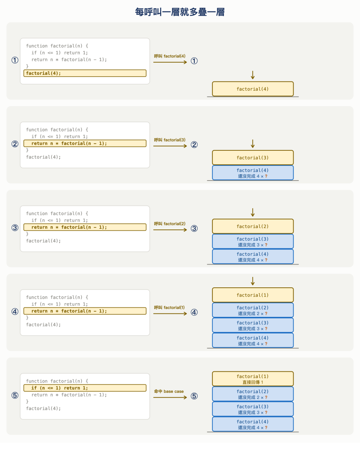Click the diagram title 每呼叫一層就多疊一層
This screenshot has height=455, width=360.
coord(180,12)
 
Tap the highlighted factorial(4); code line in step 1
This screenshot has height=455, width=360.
coord(85,73)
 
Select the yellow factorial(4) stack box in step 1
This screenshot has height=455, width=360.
coord(253,89)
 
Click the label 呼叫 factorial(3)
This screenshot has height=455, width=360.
coord(170,140)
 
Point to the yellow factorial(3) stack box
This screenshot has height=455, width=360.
coord(253,157)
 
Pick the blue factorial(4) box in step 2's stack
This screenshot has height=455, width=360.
coord(253,173)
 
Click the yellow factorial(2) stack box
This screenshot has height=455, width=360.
coord(253,226)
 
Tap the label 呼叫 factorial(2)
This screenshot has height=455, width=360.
coord(170,224)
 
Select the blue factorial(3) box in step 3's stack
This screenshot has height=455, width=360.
coord(253,241)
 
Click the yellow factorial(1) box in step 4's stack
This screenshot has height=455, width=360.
coord(253,295)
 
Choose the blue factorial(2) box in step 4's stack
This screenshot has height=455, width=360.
coord(253,310)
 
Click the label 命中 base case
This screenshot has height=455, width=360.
coord(169,391)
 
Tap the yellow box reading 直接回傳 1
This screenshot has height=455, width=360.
coord(253,379)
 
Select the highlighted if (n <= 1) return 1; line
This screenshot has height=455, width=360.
coord(85,388)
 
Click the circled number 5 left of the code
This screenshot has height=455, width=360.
coord(15,395)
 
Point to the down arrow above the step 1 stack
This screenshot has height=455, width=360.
coord(252,75)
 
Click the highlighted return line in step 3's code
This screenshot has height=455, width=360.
coord(85,227)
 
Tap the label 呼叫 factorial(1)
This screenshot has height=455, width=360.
coord(169,307)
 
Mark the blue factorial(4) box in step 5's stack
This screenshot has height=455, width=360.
coord(253,424)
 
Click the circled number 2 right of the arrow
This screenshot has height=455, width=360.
coord(194,145)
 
